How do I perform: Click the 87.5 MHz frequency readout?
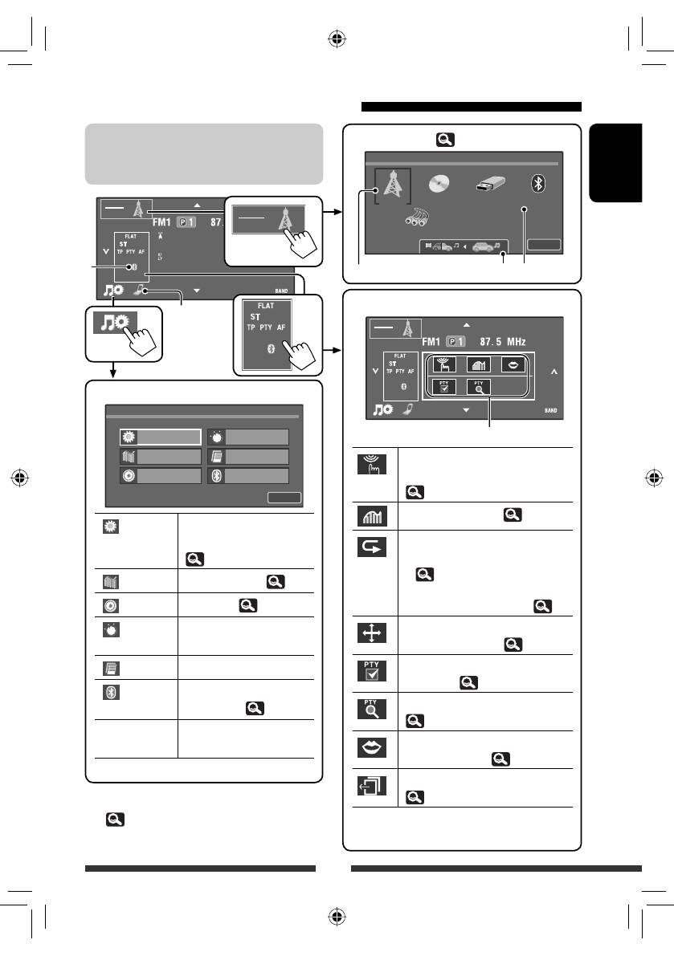[495, 341]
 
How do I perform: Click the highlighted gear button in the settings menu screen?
[160, 436]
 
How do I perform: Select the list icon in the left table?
[109, 667]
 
